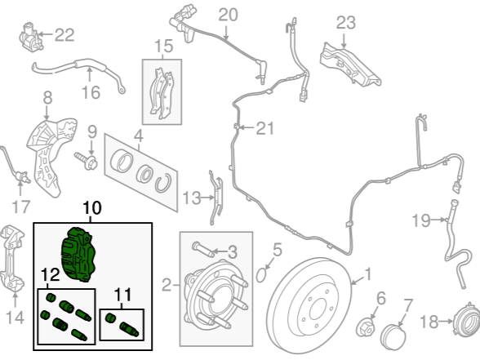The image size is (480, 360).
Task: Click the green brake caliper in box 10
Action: pyautogui.click(x=79, y=255)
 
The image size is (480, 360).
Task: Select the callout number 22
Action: pyautogui.click(x=64, y=35)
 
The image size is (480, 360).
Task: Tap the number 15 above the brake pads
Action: pyautogui.click(x=164, y=47)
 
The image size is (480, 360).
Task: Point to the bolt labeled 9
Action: pyautogui.click(x=86, y=161)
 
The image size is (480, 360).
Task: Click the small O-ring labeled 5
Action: pyautogui.click(x=260, y=274)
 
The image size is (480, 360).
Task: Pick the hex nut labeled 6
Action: pyautogui.click(x=366, y=327)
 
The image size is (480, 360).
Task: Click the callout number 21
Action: pyautogui.click(x=264, y=128)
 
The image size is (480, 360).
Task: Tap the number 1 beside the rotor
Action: pyautogui.click(x=368, y=273)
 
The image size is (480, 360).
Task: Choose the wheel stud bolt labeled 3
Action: pyautogui.click(x=202, y=250)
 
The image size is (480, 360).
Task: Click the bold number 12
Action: pyautogui.click(x=51, y=275)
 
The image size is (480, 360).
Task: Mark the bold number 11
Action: pyautogui.click(x=122, y=295)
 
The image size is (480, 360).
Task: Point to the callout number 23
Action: pyautogui.click(x=346, y=23)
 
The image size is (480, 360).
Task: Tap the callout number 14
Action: pyautogui.click(x=15, y=318)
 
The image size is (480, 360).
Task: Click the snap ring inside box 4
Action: pyautogui.click(x=162, y=183)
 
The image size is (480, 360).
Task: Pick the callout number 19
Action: pyautogui.click(x=421, y=220)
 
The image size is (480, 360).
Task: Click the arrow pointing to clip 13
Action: pyautogui.click(x=208, y=198)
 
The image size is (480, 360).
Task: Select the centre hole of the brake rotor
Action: pyautogui.click(x=317, y=309)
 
